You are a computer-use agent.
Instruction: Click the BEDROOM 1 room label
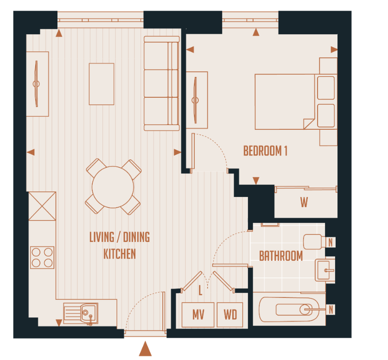pyautogui.click(x=265, y=151)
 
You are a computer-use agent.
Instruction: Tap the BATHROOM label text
pyautogui.click(x=280, y=256)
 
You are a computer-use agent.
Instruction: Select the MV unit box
pyautogui.click(x=198, y=315)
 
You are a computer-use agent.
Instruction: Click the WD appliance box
pyautogui.click(x=230, y=315)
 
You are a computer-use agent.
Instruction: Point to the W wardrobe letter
pyautogui.click(x=304, y=202)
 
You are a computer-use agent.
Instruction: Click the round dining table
pyautogui.click(x=113, y=187)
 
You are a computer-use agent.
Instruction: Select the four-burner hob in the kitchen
pyautogui.click(x=42, y=257)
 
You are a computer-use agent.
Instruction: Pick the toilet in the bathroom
pyautogui.click(x=315, y=242)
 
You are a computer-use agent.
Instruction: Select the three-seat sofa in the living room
pyautogui.click(x=161, y=83)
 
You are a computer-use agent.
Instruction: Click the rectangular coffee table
pyautogui.click(x=102, y=84)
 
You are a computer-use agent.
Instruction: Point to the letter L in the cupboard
pyautogui.click(x=200, y=291)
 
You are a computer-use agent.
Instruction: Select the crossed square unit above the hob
pyautogui.click(x=42, y=206)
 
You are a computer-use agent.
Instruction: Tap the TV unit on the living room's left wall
pyautogui.click(x=37, y=83)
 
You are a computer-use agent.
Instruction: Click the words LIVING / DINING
pyautogui.click(x=120, y=238)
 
